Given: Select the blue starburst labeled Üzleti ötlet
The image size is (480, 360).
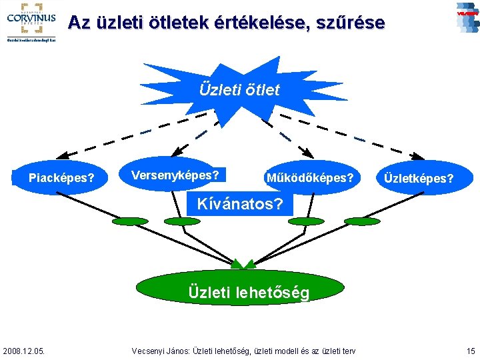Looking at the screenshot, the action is pos(239,89).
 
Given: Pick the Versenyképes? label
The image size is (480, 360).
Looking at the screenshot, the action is pos(175,175).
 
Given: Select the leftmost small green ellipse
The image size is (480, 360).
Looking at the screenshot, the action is pos(130,221).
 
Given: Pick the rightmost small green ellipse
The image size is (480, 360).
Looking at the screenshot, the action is pos(363,221).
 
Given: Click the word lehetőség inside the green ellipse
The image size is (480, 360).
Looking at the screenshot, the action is pos(272,292).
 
